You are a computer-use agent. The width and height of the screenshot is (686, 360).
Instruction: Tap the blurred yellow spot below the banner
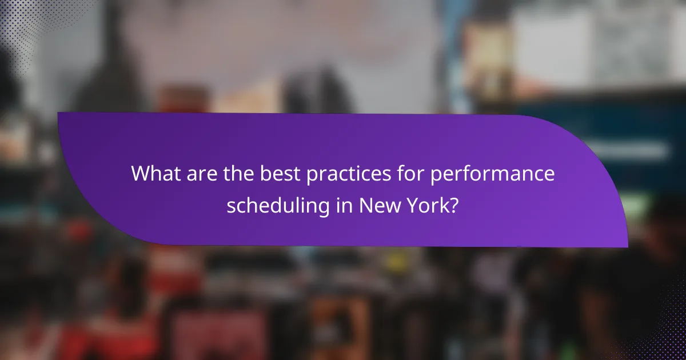point(395,262)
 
